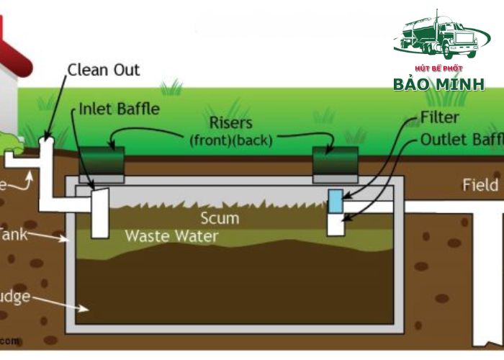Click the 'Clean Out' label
click(103, 70)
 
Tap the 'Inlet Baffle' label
click(119, 109)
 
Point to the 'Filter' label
click(440, 117)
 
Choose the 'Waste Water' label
click(171, 235)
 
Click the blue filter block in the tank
click(336, 201)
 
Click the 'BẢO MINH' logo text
click(438, 84)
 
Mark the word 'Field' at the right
click(479, 186)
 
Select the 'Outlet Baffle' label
click(461, 139)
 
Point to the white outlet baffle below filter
click(336, 224)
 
